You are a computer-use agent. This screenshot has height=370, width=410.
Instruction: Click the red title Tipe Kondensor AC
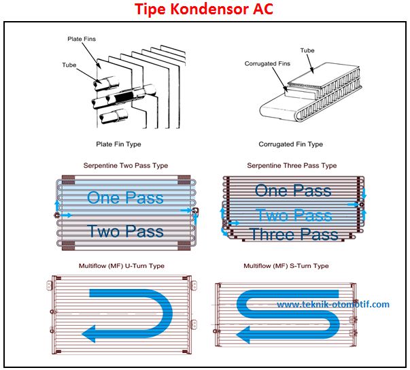pos(205,10)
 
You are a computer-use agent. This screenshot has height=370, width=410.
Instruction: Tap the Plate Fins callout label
pos(81,39)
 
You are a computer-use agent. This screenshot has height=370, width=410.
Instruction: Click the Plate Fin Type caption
pos(119,144)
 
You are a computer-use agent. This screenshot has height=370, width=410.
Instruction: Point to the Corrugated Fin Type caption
pos(290,144)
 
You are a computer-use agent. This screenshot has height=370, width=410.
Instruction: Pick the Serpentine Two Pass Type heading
pos(125,165)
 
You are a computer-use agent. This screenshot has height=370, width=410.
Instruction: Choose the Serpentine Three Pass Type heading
pos(291,165)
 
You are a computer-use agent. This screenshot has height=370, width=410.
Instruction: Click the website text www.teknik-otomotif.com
pos(333,304)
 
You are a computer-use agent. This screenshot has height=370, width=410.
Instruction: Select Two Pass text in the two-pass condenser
pos(125,231)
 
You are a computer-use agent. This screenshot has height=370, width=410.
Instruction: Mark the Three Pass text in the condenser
pos(294,235)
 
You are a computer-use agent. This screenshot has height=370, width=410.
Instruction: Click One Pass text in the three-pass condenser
pos(293,190)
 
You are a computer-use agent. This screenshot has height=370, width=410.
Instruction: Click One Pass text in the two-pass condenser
pos(125,198)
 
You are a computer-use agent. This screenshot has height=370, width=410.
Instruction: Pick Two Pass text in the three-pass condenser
pos(294,216)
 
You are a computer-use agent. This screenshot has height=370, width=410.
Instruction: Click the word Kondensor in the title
pos(207,10)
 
